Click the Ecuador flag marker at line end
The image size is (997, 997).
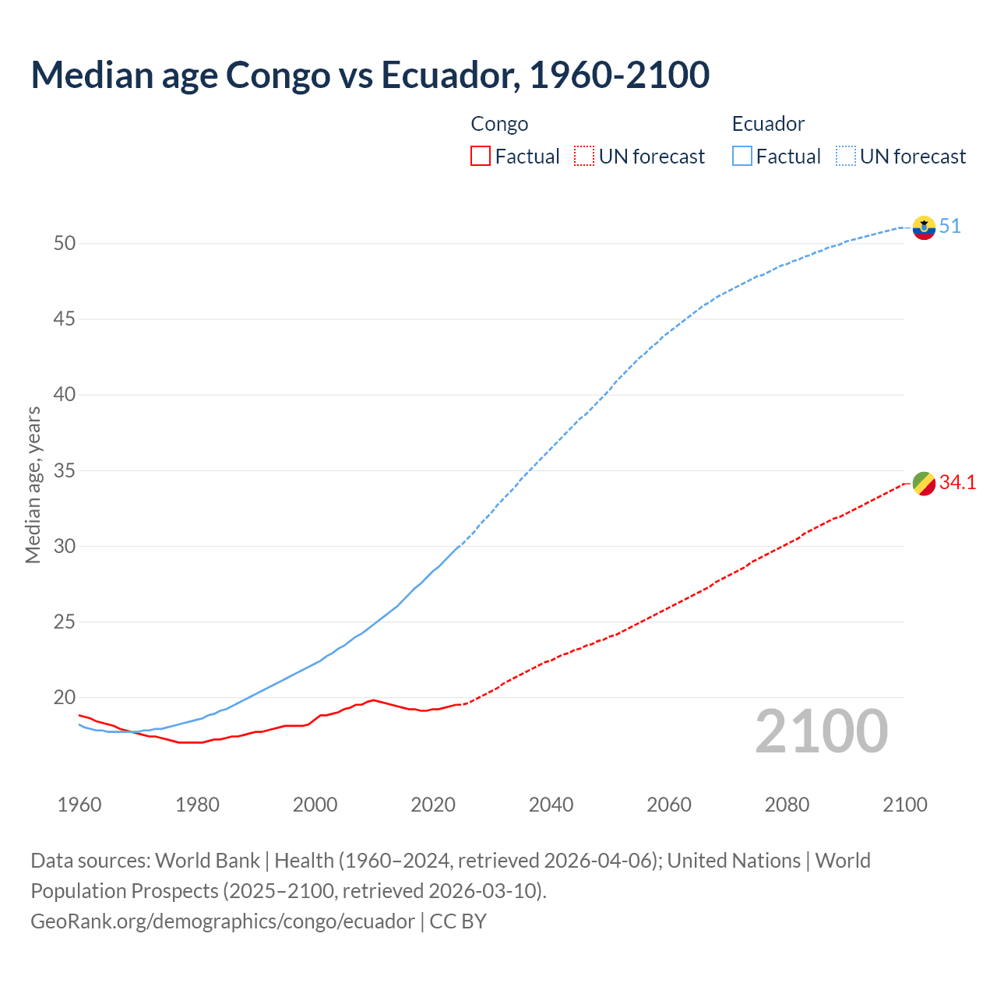pos(924,227)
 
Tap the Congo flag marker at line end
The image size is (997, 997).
pos(924,484)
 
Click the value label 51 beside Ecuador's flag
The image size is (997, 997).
pos(949,227)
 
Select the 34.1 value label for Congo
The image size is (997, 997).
pos(957,483)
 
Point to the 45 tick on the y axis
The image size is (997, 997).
pos(65,319)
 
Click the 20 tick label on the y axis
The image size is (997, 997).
pos(65,698)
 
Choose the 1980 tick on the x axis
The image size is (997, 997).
pos(197,805)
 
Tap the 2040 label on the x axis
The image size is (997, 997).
pos(551,805)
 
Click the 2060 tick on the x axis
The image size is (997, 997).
pos(669,805)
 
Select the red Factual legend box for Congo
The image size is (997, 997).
pos(481,157)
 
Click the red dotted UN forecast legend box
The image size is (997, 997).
pos(584,157)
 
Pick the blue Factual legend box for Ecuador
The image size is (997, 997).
pos(742,157)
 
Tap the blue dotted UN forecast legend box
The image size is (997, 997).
pos(846,157)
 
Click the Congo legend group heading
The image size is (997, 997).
pos(499,124)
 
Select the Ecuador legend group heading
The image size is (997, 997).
pos(768,124)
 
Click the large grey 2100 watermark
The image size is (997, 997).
pos(821,731)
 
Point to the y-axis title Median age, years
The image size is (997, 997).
pos(33,484)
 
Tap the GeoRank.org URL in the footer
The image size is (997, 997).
pos(223,921)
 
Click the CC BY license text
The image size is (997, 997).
pos(458,921)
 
